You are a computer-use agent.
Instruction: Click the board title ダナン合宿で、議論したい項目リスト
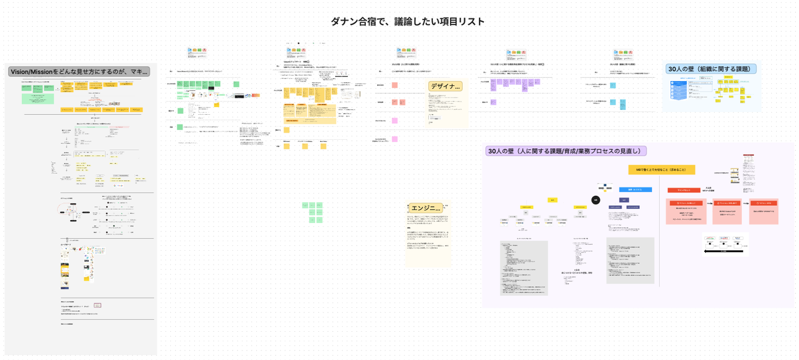(407, 22)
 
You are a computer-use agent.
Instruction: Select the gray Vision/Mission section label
(79, 72)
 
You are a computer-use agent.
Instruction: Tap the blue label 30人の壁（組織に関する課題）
(712, 69)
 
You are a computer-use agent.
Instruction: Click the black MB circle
(595, 200)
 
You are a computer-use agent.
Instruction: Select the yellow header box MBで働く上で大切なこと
(661, 170)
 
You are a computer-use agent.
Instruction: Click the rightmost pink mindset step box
(767, 211)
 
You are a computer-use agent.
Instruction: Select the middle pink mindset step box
(727, 211)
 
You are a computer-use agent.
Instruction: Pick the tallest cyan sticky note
(621, 104)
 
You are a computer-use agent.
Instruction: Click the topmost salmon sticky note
(395, 85)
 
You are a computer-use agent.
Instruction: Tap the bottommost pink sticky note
(395, 139)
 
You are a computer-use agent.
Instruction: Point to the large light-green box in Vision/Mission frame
(38, 98)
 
